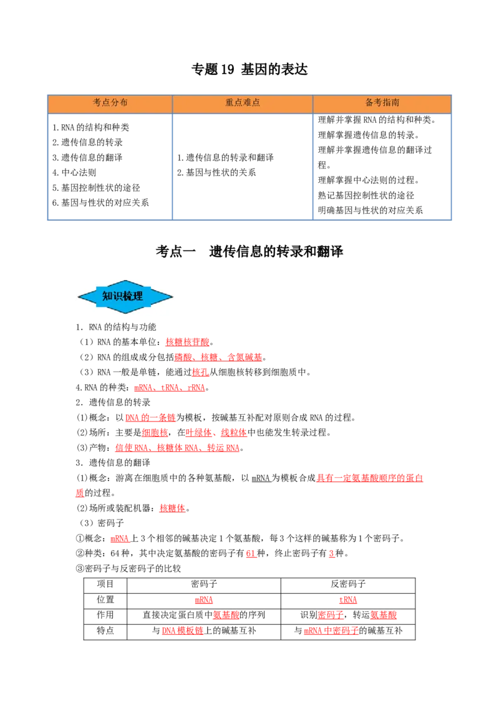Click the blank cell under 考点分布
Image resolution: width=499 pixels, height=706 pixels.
pos(109,165)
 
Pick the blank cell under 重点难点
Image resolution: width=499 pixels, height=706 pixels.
pos(242,165)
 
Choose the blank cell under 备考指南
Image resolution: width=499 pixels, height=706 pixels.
pos(382,165)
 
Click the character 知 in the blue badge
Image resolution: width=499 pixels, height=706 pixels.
pos(107,296)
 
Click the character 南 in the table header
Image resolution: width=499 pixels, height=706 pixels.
pos(395,103)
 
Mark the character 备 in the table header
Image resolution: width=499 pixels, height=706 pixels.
pos(369,103)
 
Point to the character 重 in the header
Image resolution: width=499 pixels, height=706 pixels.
pos(230,103)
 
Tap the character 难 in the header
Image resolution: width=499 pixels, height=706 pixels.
pos(247,103)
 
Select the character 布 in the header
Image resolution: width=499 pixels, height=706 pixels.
pos(124,103)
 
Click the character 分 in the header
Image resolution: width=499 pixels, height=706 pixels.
pos(115,103)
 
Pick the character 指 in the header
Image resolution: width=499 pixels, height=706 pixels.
pos(387,103)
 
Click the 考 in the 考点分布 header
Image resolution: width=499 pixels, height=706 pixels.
pos(97,103)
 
